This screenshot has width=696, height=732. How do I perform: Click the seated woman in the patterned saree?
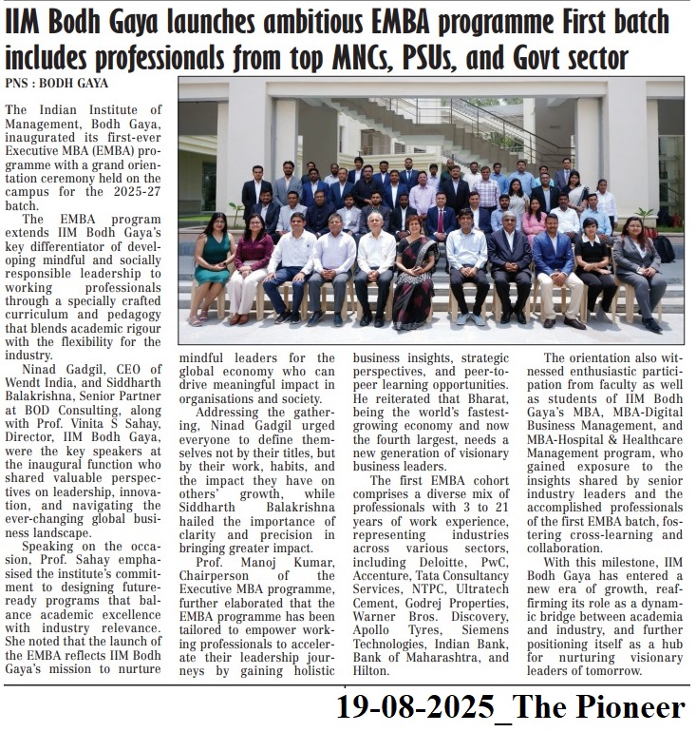tap(415, 276)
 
